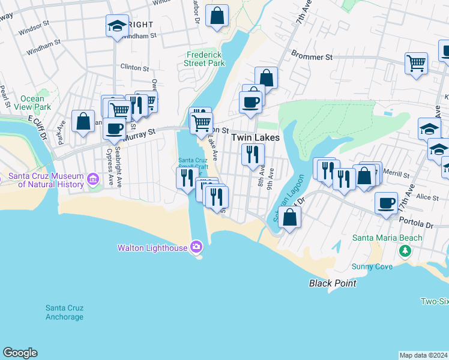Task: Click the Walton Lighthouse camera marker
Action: (196, 247)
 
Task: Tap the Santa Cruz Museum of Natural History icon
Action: (92, 179)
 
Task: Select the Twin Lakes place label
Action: (256, 137)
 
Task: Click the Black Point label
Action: (333, 283)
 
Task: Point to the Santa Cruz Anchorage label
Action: (64, 313)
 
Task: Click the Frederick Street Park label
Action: (205, 58)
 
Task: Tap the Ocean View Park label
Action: (32, 103)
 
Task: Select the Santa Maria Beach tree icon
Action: (405, 249)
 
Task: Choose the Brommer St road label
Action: (312, 57)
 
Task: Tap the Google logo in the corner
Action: (20, 353)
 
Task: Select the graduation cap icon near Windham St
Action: (116, 25)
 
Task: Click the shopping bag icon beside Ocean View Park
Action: (83, 121)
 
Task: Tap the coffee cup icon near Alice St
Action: (387, 203)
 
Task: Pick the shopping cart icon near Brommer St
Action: (416, 62)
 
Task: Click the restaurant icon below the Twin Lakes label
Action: (253, 154)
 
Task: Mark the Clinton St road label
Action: (134, 67)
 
